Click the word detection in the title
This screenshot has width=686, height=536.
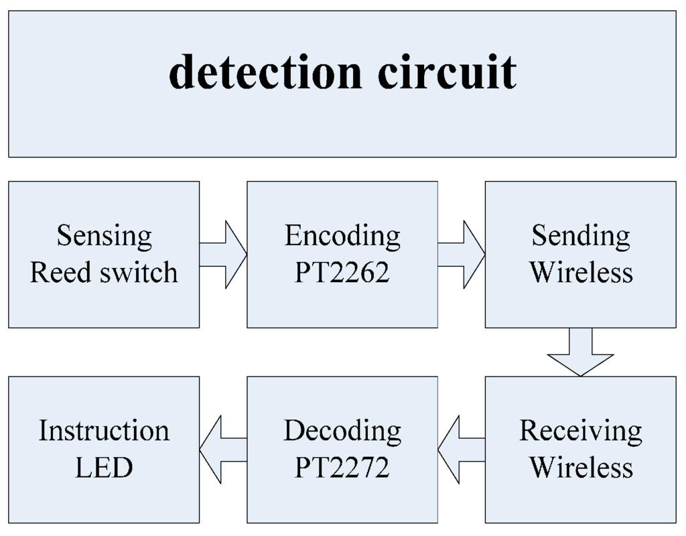(265, 72)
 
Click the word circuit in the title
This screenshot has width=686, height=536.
(447, 72)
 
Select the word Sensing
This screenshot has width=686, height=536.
(104, 236)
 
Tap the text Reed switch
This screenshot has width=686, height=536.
(104, 273)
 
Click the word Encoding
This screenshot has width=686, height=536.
(342, 236)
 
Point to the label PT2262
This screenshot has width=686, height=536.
(342, 273)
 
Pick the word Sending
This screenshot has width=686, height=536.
(581, 236)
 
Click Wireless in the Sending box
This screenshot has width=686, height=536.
(581, 273)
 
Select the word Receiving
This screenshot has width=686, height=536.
(581, 431)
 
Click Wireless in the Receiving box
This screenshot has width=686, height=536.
(581, 467)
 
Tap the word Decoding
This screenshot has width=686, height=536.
(342, 431)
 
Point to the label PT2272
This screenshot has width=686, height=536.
(342, 467)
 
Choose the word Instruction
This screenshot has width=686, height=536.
(104, 431)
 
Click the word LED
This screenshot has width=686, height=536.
(104, 467)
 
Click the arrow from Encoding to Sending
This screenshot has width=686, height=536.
(462, 255)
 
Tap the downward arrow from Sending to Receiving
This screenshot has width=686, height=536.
(580, 351)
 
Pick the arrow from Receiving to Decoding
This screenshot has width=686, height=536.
(461, 450)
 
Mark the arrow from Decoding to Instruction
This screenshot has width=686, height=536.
(222, 450)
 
